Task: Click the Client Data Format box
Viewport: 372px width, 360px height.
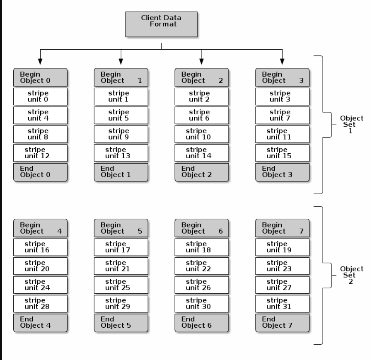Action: click(x=161, y=24)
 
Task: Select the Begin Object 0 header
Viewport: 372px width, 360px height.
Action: click(x=40, y=77)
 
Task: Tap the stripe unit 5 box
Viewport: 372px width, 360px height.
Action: click(x=121, y=115)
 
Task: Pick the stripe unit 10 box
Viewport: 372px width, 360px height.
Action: click(x=202, y=134)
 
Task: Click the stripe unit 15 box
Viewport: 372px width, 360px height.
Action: click(x=283, y=153)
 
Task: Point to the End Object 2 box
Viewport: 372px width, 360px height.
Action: click(x=202, y=172)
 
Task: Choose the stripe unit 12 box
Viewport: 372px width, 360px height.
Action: click(x=40, y=153)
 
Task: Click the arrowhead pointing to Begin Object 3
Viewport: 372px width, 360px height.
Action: click(x=283, y=61)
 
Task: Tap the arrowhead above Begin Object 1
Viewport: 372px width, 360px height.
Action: click(x=121, y=61)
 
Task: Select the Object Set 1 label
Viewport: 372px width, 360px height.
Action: click(x=351, y=124)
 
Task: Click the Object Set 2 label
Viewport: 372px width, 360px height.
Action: click(x=351, y=275)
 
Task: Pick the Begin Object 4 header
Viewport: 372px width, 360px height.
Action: click(x=40, y=228)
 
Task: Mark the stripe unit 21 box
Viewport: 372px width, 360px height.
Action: click(x=121, y=266)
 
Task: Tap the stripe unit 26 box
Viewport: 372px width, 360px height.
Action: click(x=202, y=285)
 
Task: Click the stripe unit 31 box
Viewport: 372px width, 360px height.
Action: click(x=283, y=304)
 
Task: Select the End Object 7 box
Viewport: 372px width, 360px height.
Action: click(x=283, y=323)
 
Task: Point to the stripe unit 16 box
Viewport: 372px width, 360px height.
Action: click(x=40, y=247)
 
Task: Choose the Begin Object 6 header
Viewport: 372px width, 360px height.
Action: click(x=202, y=228)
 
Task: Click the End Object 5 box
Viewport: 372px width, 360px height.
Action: click(x=121, y=323)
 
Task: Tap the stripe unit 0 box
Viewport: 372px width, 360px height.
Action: click(x=40, y=97)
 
